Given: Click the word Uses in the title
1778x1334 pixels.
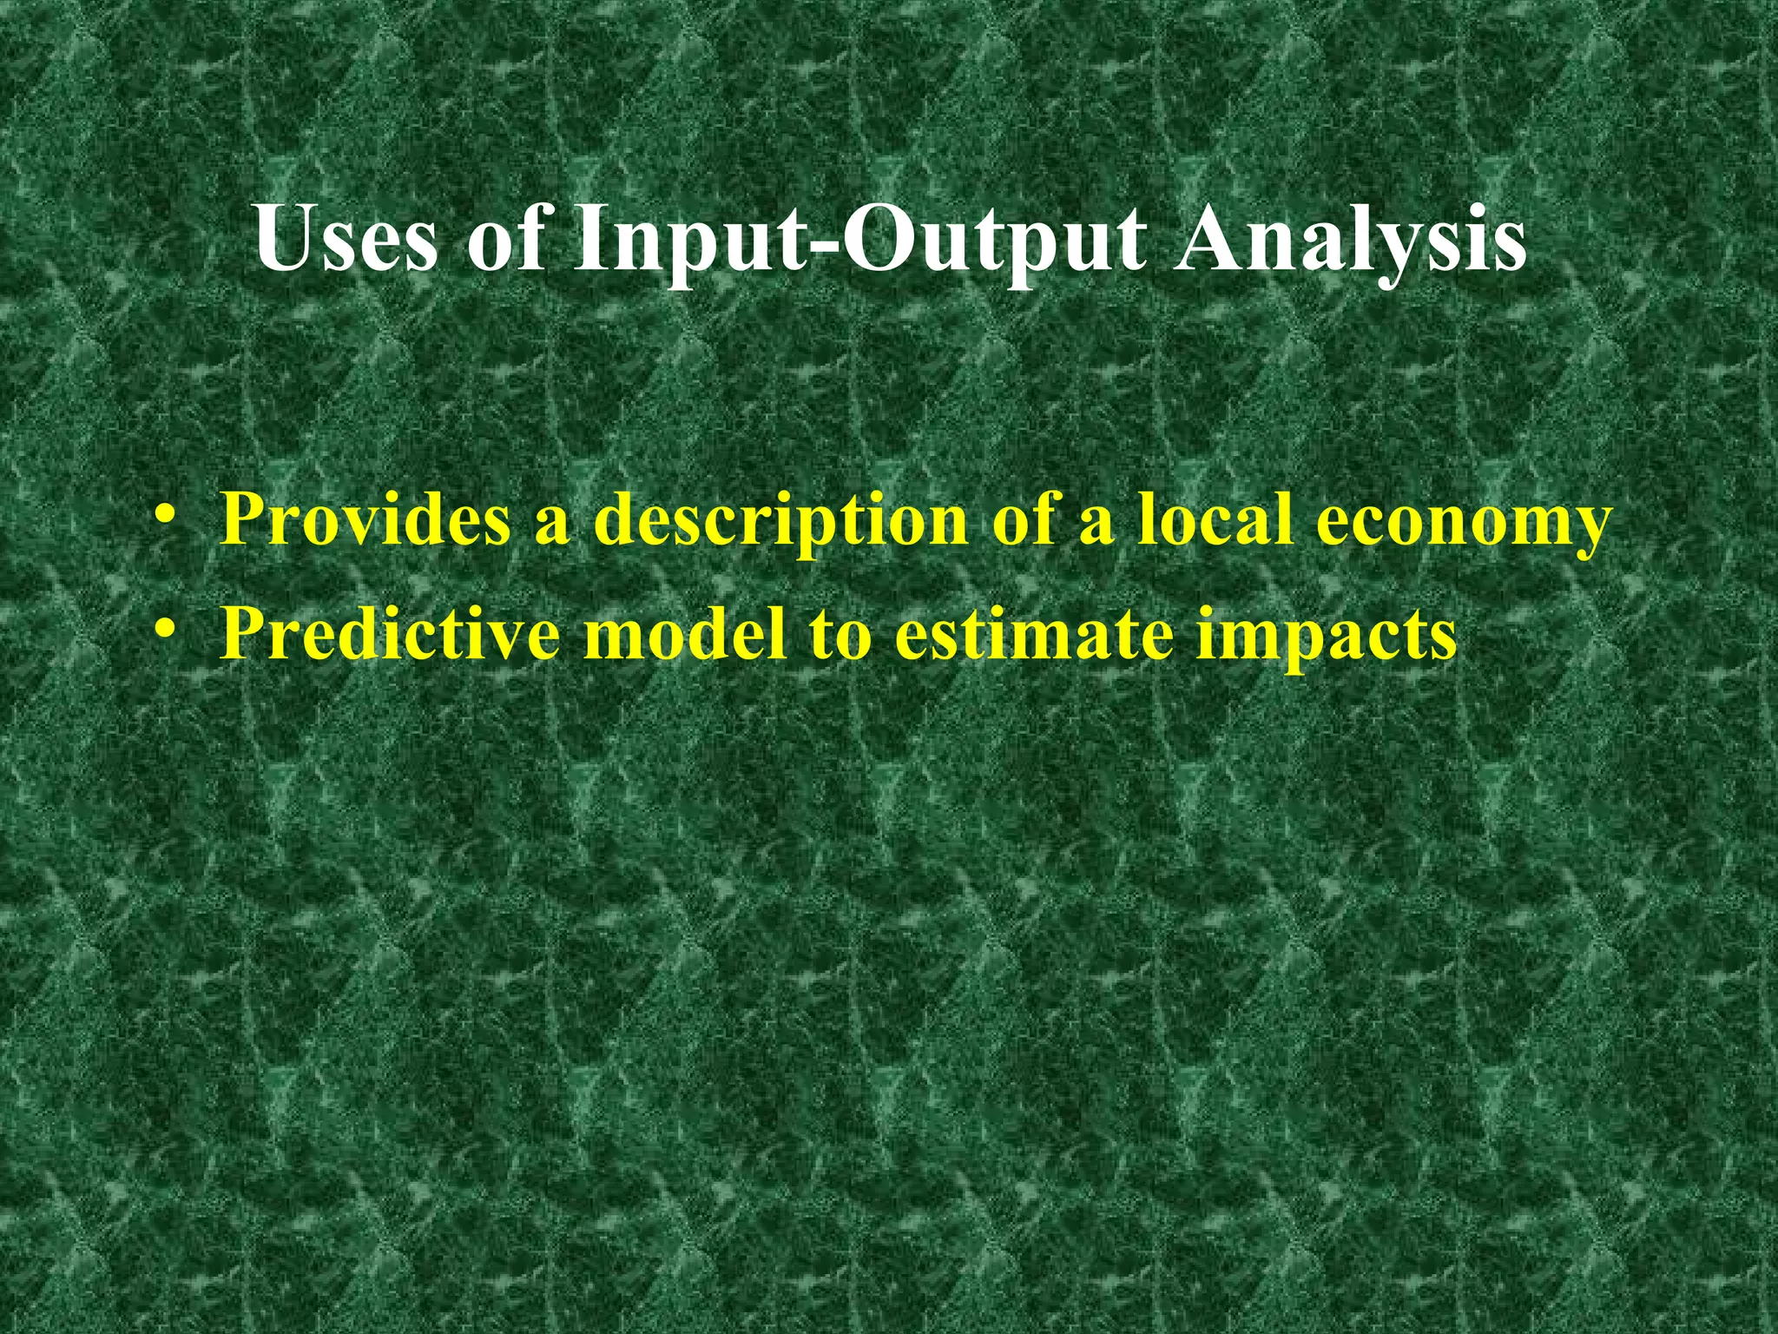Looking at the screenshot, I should [x=346, y=239].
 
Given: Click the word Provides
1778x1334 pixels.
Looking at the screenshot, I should [x=365, y=519].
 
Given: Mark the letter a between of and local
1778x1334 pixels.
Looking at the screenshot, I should [x=1097, y=526].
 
